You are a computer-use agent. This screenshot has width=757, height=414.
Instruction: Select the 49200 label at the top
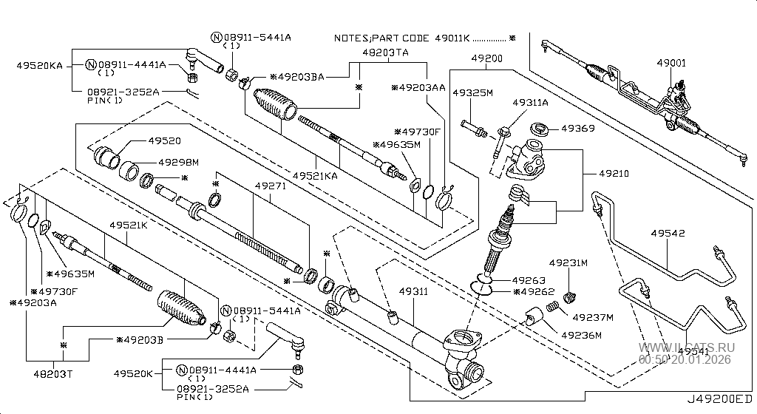coord(488,58)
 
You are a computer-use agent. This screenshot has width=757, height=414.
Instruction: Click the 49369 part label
coord(577,128)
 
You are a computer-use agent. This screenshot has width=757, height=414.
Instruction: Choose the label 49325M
coord(473,94)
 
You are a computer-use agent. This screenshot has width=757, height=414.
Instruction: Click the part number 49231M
coord(568,262)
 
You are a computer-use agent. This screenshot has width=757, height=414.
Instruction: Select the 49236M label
coord(581,335)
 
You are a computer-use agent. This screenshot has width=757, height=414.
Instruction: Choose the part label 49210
coord(614,174)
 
